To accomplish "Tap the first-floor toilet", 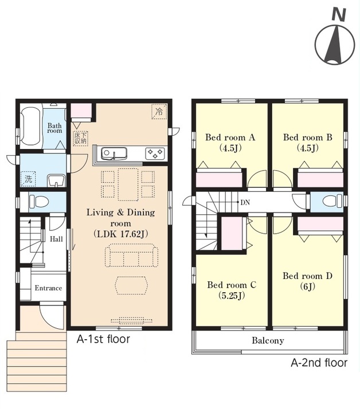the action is point(39,202).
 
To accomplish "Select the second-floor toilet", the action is point(332,201).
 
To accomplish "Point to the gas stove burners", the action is point(155,153).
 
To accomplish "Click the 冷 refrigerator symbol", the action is point(159,112).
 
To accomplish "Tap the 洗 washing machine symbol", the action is point(28,179).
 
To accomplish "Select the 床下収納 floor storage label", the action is point(80,138).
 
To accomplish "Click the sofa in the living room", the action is point(131,255).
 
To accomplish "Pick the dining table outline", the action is point(128,184).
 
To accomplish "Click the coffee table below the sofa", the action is point(131,285).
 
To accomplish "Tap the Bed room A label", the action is point(230,137).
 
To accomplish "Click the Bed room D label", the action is point(307,276).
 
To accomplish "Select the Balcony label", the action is point(268,340).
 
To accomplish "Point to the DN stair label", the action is point(245,202).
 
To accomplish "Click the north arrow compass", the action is point(335,44).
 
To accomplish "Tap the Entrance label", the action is point(48,288).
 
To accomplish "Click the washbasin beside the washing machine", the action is point(56,180).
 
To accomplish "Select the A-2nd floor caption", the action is point(319,363).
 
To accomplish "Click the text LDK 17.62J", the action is point(120,234).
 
